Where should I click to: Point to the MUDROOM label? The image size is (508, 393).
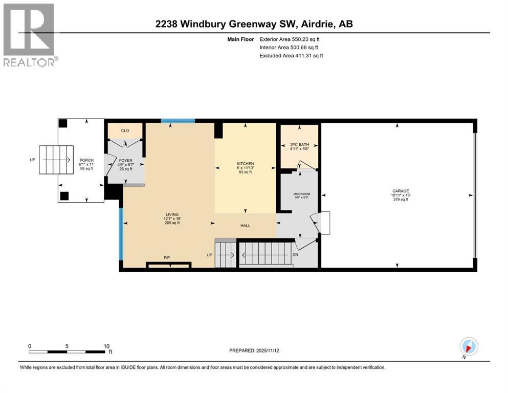302,194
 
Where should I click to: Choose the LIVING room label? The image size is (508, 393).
168,214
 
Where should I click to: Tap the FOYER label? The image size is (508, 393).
126,161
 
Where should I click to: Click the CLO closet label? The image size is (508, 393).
125,131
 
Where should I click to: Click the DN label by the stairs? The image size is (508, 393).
295,254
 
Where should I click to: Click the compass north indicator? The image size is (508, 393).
469,346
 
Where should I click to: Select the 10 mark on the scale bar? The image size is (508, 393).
106,345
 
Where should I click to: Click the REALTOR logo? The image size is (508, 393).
30,35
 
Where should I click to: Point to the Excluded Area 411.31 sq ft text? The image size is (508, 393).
291,55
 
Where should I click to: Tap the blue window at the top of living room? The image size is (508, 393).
178,121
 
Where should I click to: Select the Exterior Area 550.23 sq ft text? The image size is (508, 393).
290,39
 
